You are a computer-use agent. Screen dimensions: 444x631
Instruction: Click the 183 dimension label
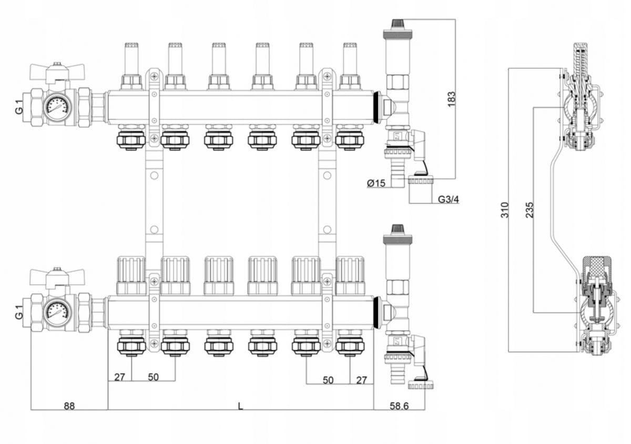(451, 99)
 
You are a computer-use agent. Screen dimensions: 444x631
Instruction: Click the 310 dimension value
(504, 210)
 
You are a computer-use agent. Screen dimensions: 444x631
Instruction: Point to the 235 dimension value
(529, 210)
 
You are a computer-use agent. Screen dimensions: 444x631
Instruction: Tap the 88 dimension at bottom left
(69, 406)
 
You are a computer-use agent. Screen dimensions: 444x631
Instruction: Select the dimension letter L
(241, 406)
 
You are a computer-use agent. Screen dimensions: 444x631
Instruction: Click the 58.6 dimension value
(400, 406)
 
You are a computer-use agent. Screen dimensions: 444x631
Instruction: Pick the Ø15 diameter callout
(376, 183)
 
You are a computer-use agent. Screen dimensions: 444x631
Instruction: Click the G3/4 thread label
(449, 199)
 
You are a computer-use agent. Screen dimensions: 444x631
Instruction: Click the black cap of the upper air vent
(397, 24)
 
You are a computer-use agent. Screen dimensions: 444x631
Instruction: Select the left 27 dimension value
(119, 377)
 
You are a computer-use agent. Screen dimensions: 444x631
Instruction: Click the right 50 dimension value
(328, 379)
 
